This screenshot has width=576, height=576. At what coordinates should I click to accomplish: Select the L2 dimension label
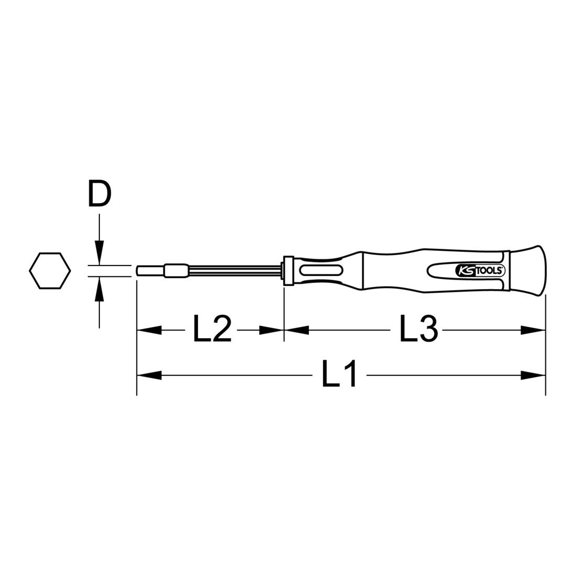click(212, 329)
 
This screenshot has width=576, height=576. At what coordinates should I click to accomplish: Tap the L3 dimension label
click(418, 329)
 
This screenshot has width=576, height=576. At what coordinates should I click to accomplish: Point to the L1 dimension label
click(339, 374)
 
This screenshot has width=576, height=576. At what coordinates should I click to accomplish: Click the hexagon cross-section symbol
click(50, 270)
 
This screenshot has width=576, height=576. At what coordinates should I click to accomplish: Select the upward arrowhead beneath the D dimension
click(99, 289)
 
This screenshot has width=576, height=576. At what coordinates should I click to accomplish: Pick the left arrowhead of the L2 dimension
click(149, 330)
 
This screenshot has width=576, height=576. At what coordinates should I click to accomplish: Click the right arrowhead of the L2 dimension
click(271, 330)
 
